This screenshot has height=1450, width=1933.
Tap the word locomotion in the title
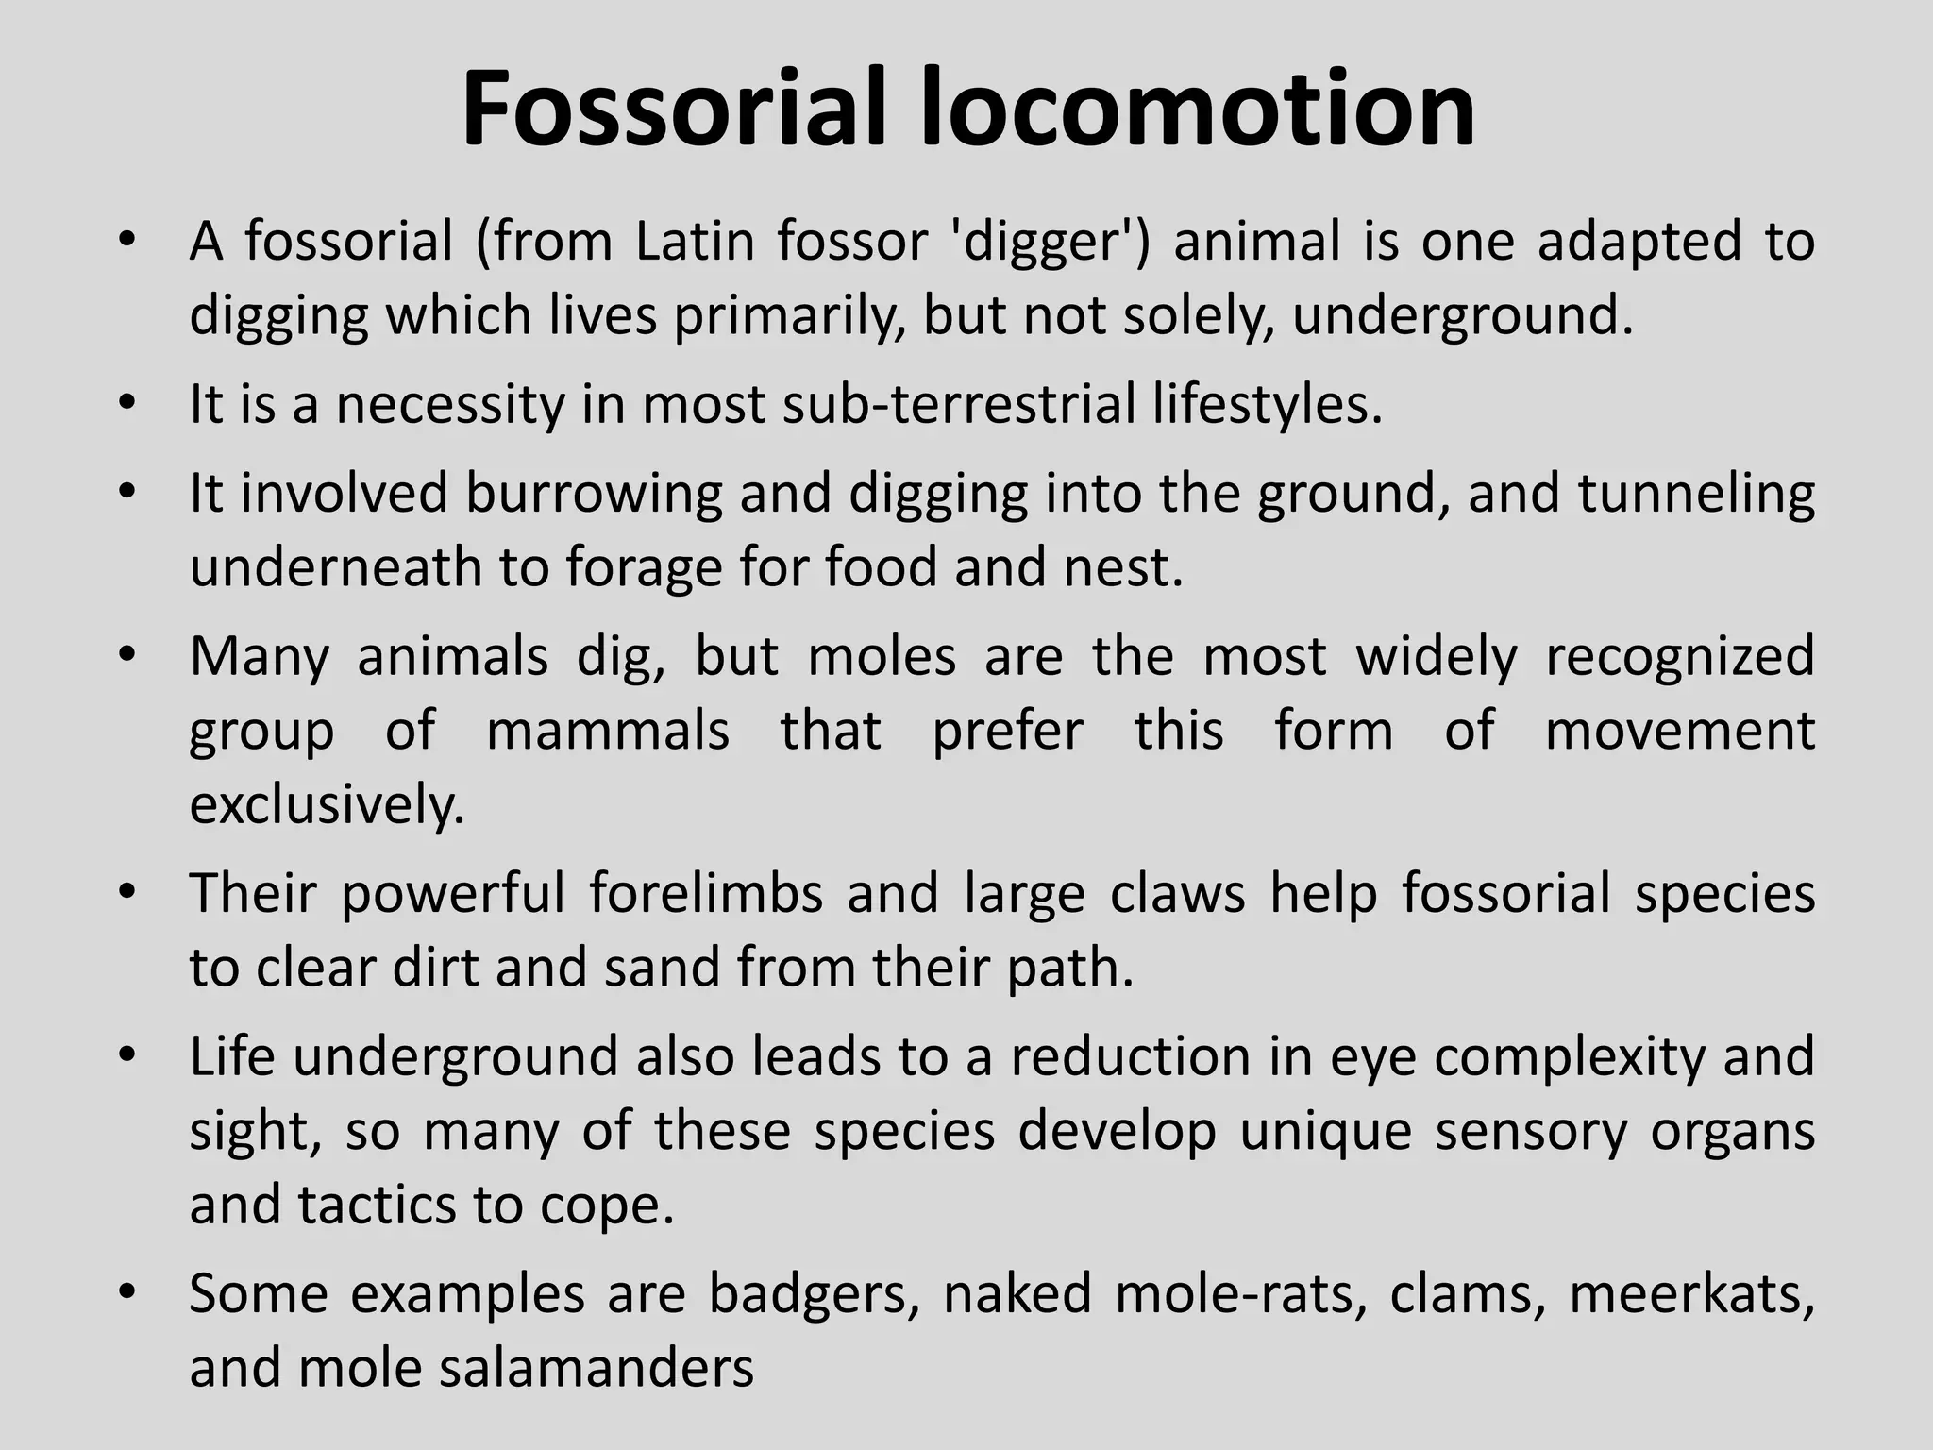point(1198,109)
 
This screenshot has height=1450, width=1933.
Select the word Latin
point(694,242)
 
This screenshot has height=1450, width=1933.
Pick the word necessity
point(449,405)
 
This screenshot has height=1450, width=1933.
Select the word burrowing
point(595,495)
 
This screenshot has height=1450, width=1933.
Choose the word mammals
point(608,731)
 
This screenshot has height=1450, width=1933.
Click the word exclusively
point(328,805)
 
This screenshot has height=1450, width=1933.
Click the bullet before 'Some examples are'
point(128,1290)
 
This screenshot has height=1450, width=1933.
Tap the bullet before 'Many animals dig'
point(128,653)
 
